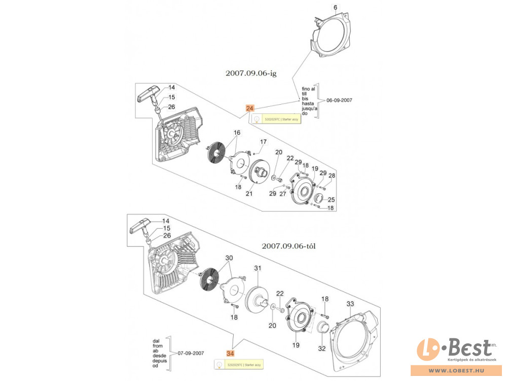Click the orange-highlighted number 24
250,108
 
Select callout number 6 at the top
335,7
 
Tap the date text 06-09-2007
339,100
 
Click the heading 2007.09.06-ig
251,73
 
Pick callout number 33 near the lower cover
350,304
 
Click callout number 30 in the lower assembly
229,258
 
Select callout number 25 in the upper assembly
332,200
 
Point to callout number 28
332,175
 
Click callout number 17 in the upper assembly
263,141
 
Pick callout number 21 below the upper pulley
249,194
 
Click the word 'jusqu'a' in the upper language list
309,108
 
